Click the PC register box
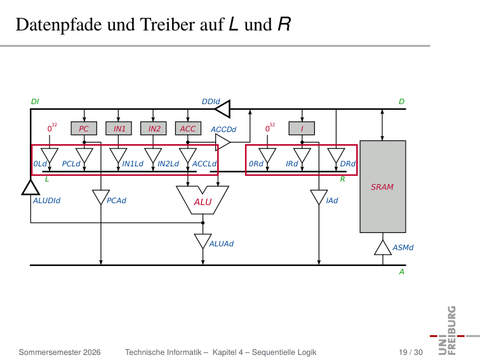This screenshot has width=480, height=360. pyautogui.click(x=84, y=128)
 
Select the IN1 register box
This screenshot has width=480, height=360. pyautogui.click(x=119, y=128)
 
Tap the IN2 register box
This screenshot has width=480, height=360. pyautogui.click(x=154, y=128)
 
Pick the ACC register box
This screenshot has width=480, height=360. pyautogui.click(x=189, y=128)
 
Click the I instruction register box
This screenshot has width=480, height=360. pyautogui.click(x=302, y=128)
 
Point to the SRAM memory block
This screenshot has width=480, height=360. pyautogui.click(x=383, y=187)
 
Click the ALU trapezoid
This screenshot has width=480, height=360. pyautogui.click(x=203, y=200)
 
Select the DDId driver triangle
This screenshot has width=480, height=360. pyautogui.click(x=223, y=109)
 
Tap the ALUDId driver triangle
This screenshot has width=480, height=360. pyautogui.click(x=30, y=187)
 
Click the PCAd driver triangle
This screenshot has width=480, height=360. pyautogui.click(x=101, y=197)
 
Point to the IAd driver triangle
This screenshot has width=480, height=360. pyautogui.click(x=319, y=197)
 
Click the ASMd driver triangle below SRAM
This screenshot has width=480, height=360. pyautogui.click(x=383, y=248)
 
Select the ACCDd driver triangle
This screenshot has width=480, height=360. pyautogui.click(x=223, y=142)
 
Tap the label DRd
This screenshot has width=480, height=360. pyautogui.click(x=348, y=164)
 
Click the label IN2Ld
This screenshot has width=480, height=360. pyautogui.click(x=168, y=164)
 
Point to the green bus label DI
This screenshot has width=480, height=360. pyautogui.click(x=35, y=102)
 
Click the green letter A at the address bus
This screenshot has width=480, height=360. pyautogui.click(x=402, y=272)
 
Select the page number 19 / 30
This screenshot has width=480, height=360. pyautogui.click(x=411, y=352)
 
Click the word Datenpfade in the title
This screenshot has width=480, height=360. pyautogui.click(x=59, y=25)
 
